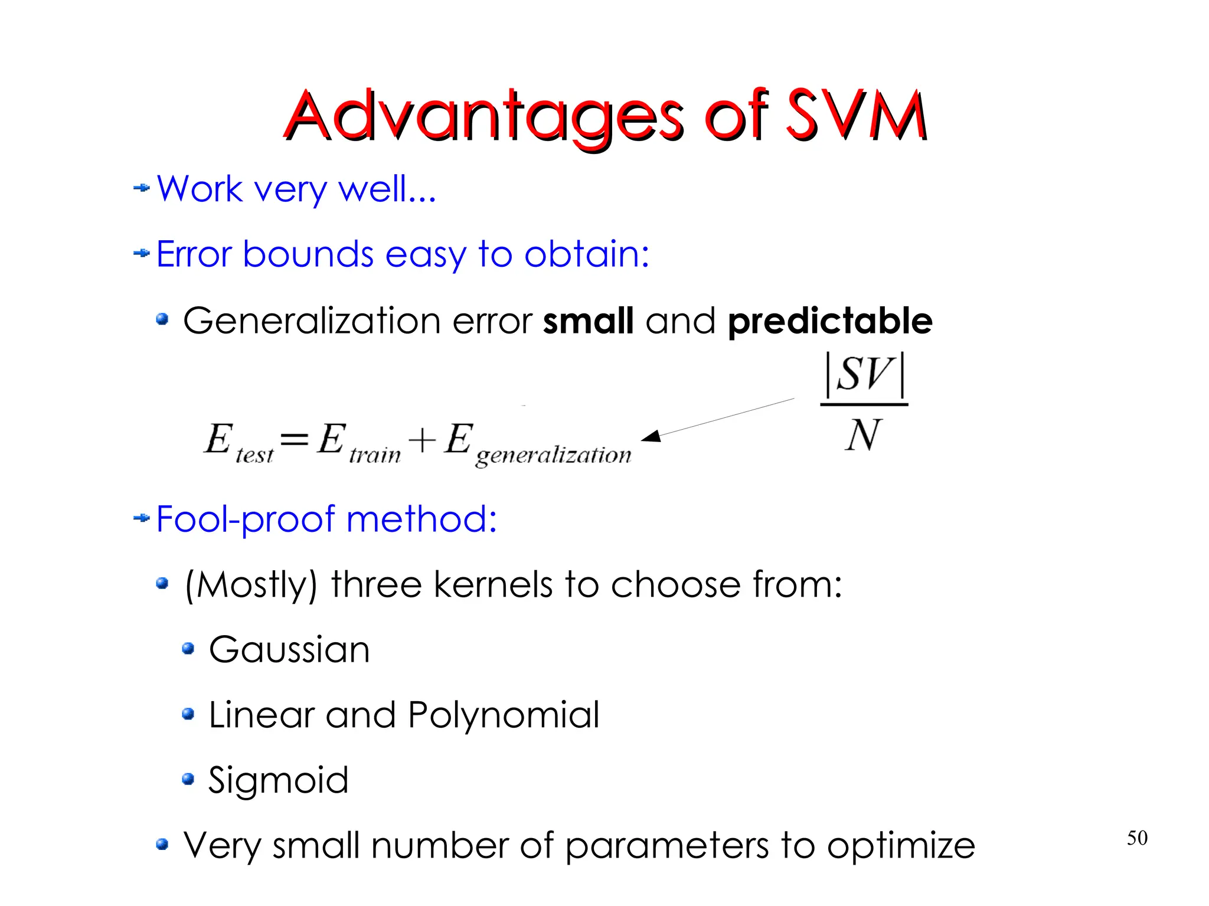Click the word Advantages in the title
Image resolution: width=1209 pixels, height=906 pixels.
pyautogui.click(x=484, y=116)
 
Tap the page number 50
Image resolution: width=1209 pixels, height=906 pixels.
pyautogui.click(x=1137, y=838)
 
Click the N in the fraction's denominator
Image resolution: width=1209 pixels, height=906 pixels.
pyautogui.click(x=863, y=435)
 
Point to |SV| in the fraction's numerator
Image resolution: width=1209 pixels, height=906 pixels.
pyautogui.click(x=864, y=374)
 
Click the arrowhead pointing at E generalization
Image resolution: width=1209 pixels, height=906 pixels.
pyautogui.click(x=651, y=436)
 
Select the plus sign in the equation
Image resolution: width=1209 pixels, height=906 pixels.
pyautogui.click(x=423, y=440)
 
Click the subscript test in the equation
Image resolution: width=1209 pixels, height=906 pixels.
pyautogui.click(x=254, y=455)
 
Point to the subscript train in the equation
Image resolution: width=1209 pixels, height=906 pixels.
pyautogui.click(x=375, y=455)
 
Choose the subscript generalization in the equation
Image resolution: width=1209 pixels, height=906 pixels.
pyautogui.click(x=553, y=455)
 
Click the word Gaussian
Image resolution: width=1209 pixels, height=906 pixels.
pyautogui.click(x=289, y=649)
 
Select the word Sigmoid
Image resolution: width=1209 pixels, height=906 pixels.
pyautogui.click(x=278, y=780)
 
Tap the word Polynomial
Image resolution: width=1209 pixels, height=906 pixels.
pyautogui.click(x=504, y=715)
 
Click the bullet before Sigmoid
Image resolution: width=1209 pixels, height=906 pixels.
pyautogui.click(x=188, y=779)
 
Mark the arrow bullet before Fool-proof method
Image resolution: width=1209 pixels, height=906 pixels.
pyautogui.click(x=142, y=518)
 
